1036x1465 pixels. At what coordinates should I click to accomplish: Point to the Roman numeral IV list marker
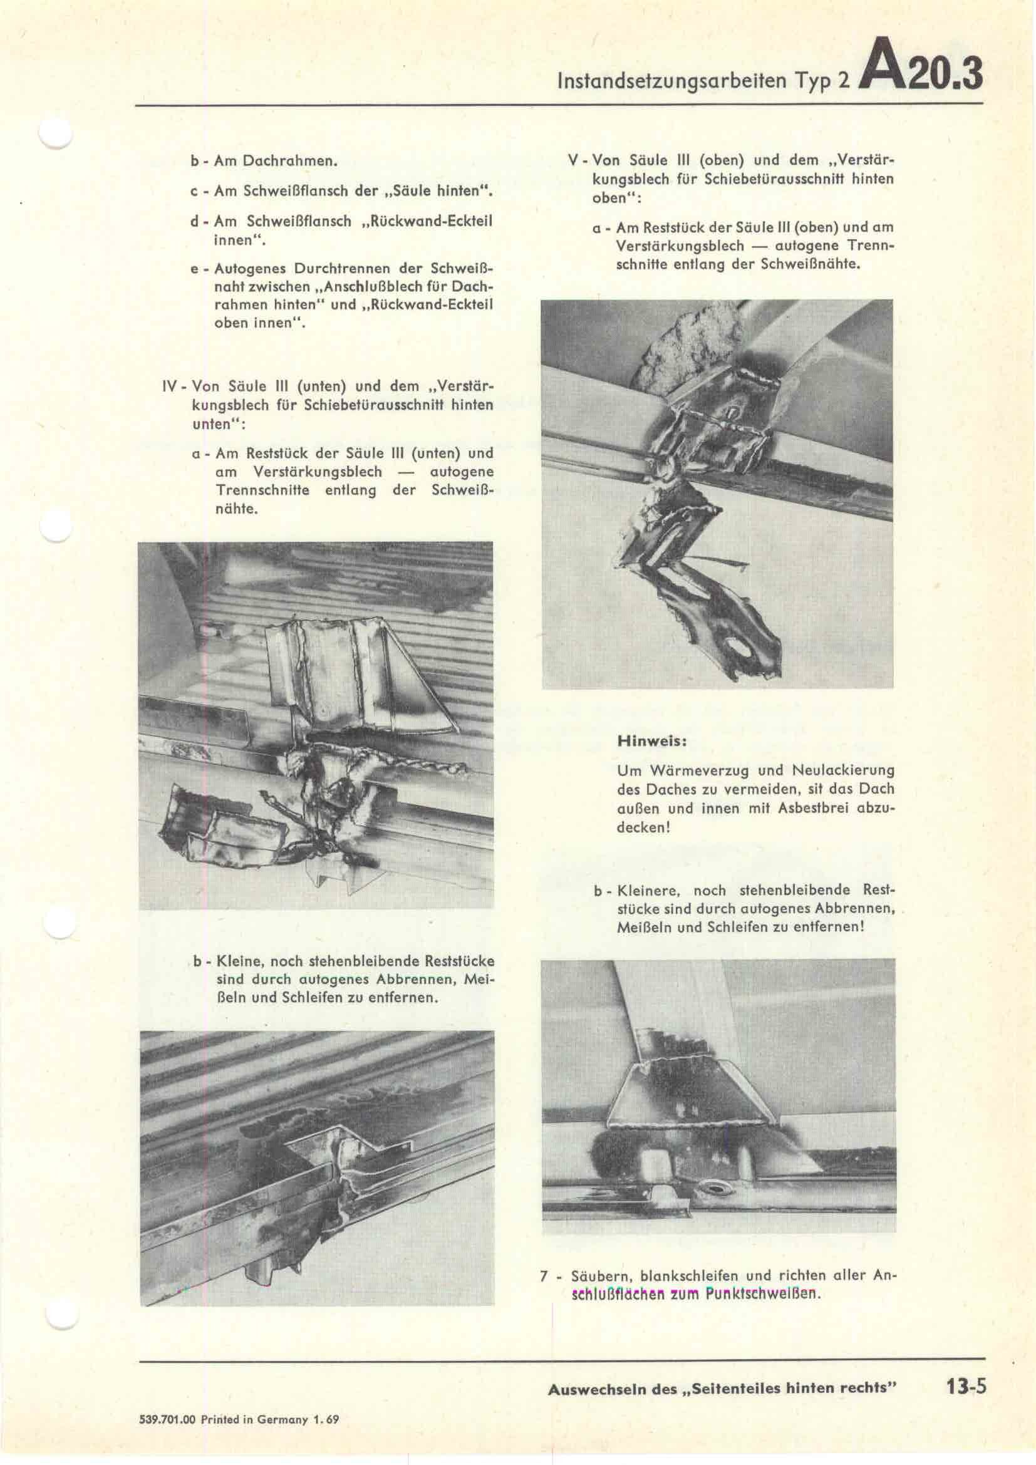[170, 386]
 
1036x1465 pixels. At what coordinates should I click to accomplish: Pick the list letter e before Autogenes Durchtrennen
[195, 269]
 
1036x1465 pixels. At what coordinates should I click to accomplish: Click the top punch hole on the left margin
[56, 133]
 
